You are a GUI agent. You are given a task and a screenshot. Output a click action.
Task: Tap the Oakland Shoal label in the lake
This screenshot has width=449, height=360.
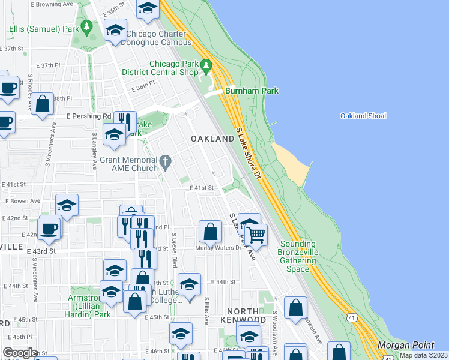tap(363, 116)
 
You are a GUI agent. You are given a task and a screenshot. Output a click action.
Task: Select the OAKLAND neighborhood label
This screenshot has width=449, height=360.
tap(212, 139)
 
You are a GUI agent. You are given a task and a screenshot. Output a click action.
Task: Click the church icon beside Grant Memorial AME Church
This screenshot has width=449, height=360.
tap(166, 160)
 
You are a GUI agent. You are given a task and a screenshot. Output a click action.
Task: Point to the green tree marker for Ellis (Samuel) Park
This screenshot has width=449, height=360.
tap(87, 27)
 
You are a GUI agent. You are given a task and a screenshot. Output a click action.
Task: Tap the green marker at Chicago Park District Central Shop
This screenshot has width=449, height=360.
tap(207, 64)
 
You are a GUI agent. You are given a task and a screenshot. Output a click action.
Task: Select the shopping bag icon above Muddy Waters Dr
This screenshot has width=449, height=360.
tap(210, 231)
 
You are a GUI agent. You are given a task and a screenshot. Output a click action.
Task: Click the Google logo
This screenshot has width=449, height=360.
tap(20, 352)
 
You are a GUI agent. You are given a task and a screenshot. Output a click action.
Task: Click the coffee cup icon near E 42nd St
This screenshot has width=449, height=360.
tap(49, 228)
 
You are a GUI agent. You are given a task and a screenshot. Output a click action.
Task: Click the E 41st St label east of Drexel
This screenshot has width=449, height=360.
tap(202, 188)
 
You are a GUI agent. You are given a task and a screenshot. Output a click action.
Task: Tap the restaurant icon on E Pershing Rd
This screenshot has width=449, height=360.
tap(125, 120)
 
